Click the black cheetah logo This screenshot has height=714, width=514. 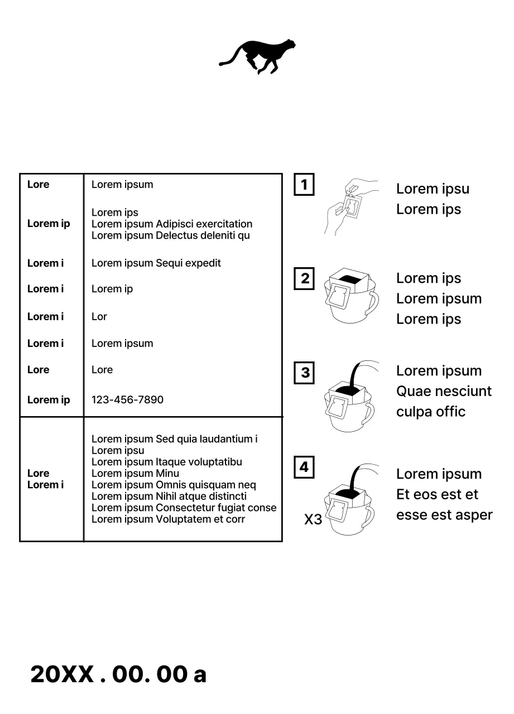pos(258,56)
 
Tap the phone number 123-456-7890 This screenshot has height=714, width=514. pos(127,400)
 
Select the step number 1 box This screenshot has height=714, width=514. pos(304,185)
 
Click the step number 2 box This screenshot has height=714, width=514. pos(304,278)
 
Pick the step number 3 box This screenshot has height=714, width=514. pos(304,373)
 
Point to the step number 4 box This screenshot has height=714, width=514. pos(304,467)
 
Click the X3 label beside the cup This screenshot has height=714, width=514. pos(313,520)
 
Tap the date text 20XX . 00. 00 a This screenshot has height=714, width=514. pos(118,674)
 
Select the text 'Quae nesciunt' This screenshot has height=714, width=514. pos(444,392)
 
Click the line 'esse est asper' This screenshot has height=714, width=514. pos(444,515)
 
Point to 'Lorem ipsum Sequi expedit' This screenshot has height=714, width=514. pos(156,263)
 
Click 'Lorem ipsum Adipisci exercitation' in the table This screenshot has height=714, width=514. pos(172,224)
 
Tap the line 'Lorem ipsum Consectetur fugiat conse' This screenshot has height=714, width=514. pos(184,508)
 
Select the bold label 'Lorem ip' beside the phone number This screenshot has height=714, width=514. pos(49,400)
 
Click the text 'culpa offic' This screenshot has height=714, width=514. pos(430,412)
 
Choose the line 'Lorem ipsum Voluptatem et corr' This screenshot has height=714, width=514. pos(168,519)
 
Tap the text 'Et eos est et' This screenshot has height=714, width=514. pos(437,495)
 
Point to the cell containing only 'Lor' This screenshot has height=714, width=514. pos(99,317)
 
